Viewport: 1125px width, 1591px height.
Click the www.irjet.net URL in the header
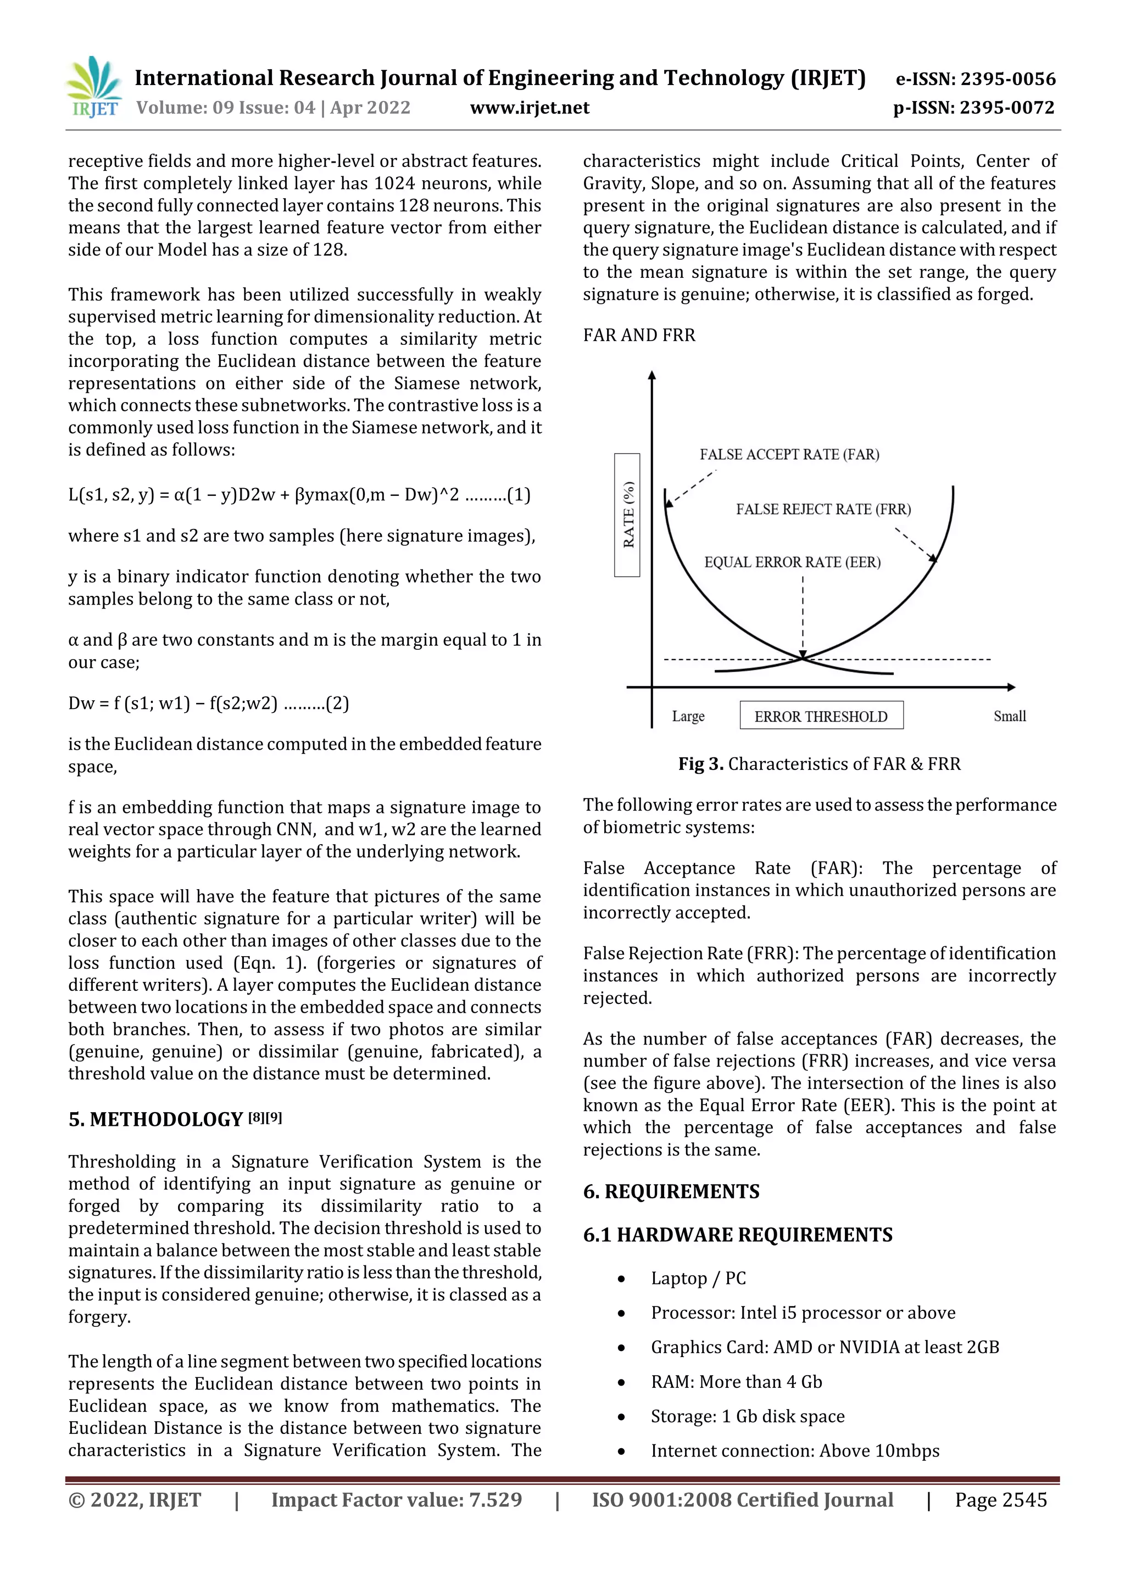pos(530,108)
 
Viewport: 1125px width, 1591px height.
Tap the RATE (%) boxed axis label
pos(627,515)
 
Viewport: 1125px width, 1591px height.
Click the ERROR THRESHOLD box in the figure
pos(821,716)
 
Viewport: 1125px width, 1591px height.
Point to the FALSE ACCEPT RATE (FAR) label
pos(789,455)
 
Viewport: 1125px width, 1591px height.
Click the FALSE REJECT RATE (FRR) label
pos(823,509)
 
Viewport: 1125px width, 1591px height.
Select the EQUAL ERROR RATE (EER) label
pos(792,562)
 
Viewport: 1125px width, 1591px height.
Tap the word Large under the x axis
pos(688,716)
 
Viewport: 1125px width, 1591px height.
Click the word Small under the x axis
pos(1009,716)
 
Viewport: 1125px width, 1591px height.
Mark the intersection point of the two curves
pos(803,658)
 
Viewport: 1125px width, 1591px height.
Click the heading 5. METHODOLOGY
pos(156,1120)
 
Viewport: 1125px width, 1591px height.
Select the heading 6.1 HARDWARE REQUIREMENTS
pos(738,1235)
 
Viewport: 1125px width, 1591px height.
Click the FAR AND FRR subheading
pos(639,336)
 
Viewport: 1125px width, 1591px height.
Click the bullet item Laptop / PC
pos(698,1279)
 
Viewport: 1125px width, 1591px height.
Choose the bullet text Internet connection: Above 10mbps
pos(795,1451)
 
